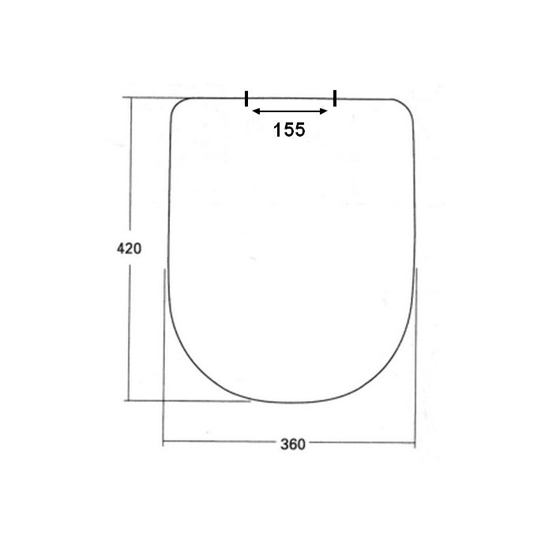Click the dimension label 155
289,130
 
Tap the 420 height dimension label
129,249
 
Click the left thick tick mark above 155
247,99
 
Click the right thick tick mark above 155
335,98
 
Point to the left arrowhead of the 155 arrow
254,112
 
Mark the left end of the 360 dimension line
163,443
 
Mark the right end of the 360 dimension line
415,443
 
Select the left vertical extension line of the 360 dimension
163,355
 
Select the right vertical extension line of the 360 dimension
415,355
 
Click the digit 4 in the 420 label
121,249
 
